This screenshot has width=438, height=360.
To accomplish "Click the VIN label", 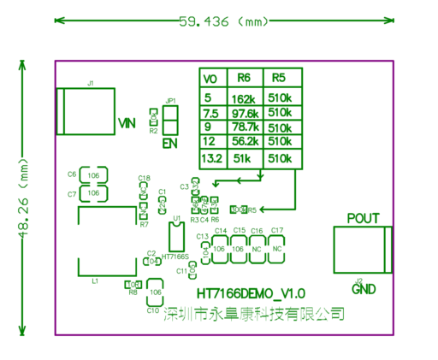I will (x=127, y=123).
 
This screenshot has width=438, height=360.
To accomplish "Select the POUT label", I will (x=363, y=218).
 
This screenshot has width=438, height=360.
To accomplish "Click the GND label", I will (x=364, y=289).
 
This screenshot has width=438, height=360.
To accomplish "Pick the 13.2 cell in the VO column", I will (x=211, y=158).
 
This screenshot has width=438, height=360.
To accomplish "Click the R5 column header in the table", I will (x=278, y=78).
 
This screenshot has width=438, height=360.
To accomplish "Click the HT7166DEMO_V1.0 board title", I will (x=251, y=292).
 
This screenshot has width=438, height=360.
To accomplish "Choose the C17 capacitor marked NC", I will (x=276, y=248).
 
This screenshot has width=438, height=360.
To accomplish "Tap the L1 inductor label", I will (x=95, y=280).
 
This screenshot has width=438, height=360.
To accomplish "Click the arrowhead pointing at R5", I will (x=253, y=208).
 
